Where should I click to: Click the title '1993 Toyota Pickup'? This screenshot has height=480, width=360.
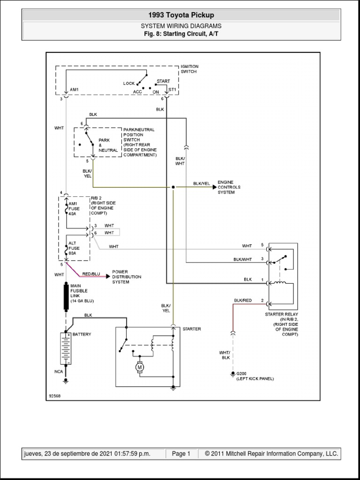[180, 15]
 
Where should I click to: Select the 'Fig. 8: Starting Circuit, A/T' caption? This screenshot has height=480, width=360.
[180, 34]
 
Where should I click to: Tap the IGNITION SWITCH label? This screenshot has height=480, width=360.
[189, 69]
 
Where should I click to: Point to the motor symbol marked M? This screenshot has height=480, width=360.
[139, 369]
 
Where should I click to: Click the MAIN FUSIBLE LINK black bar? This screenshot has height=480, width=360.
[66, 296]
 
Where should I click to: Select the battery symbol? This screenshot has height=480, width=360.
[66, 348]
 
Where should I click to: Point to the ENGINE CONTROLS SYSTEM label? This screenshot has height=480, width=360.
[229, 187]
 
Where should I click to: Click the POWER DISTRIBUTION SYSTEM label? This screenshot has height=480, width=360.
[127, 277]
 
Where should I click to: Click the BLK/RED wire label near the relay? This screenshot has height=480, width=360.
[242, 300]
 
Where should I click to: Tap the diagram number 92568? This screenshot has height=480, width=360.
[55, 396]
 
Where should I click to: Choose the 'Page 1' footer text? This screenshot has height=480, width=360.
[181, 454]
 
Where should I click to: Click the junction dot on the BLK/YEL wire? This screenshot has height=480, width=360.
[173, 187]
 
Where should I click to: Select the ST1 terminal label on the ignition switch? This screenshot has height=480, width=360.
[172, 89]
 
